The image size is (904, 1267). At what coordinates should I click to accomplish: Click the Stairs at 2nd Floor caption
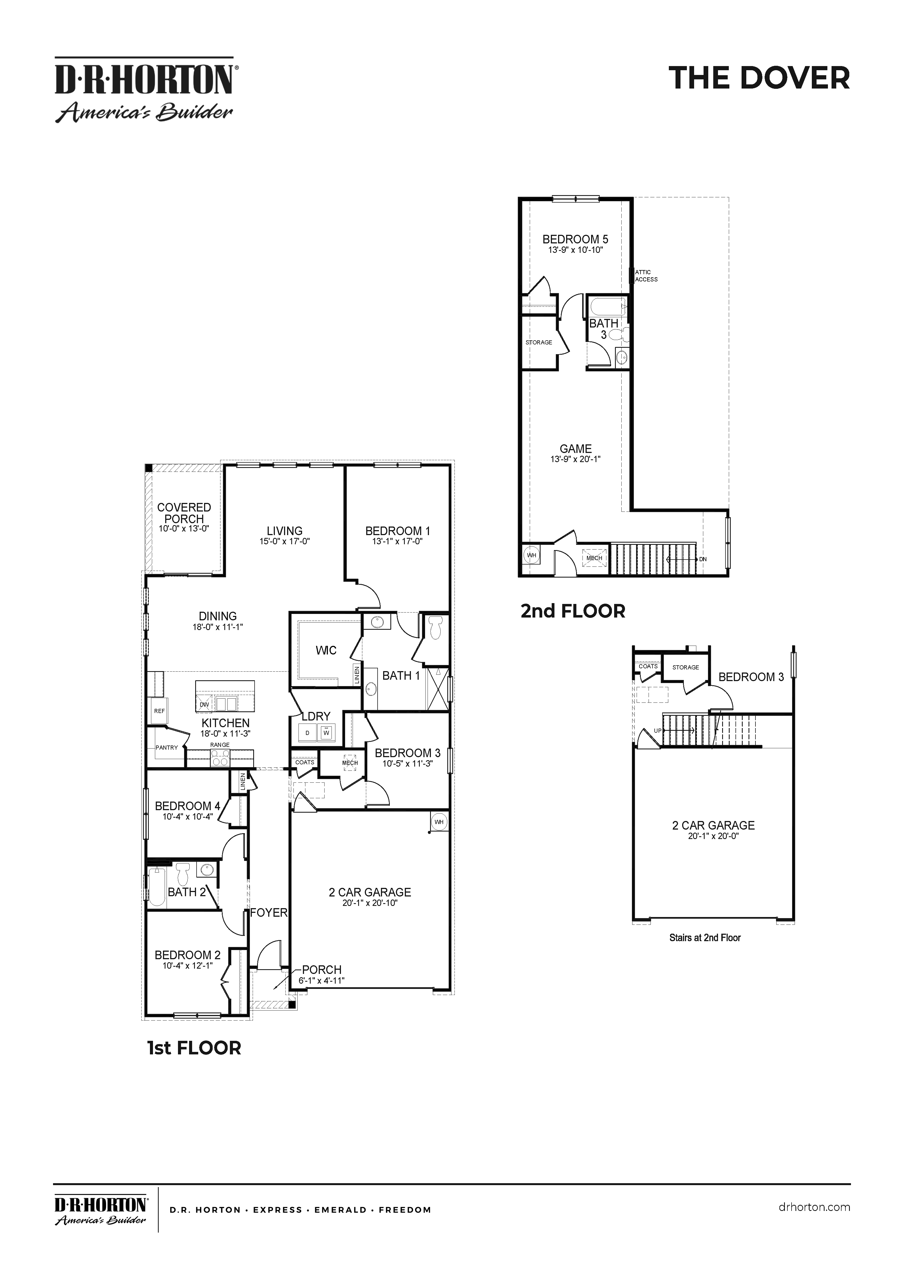(705, 938)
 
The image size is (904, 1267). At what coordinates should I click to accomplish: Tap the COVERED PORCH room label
(184, 513)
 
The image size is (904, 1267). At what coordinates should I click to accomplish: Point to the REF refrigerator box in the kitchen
(159, 711)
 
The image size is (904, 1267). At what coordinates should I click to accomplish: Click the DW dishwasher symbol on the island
(204, 704)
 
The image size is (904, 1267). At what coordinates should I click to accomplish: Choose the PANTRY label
(166, 748)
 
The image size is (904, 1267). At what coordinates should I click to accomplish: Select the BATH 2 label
(187, 892)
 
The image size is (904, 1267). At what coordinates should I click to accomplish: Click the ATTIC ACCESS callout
(646, 276)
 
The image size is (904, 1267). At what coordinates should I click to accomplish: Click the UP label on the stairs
(657, 731)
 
